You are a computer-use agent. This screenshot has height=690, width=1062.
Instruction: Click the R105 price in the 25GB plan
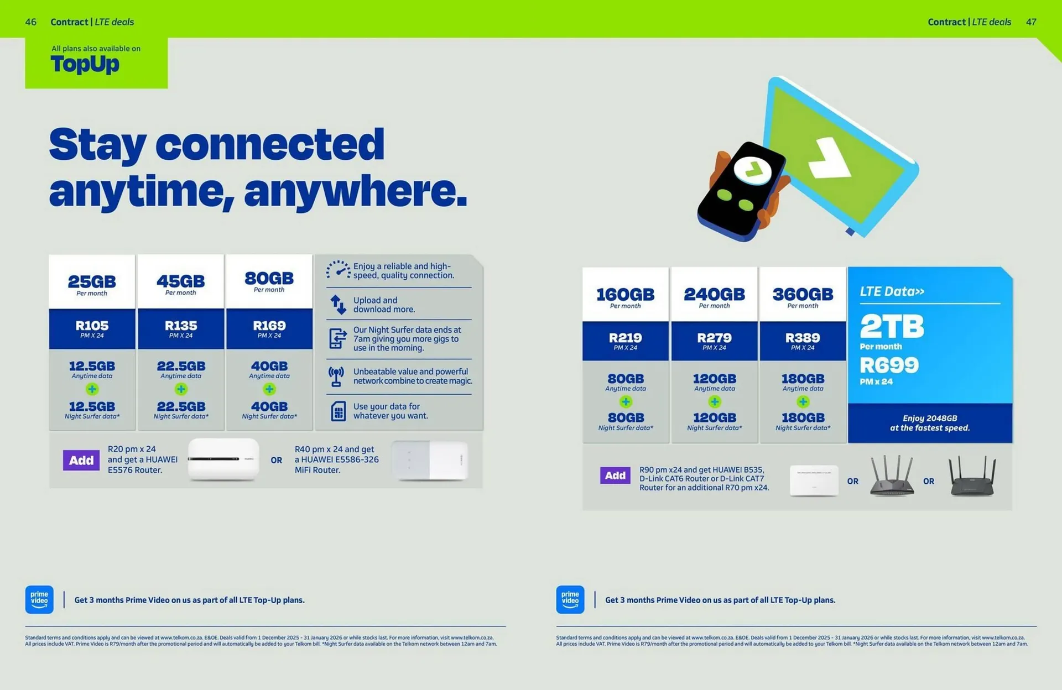tap(92, 326)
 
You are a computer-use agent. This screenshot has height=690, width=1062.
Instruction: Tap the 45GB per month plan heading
tap(180, 281)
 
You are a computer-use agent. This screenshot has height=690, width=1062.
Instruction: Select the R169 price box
tap(269, 328)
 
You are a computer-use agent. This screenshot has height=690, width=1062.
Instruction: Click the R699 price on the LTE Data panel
tap(889, 365)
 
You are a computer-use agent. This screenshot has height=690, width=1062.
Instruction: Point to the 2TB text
tap(892, 326)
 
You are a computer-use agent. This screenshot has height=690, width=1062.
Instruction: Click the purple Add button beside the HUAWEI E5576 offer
tap(81, 460)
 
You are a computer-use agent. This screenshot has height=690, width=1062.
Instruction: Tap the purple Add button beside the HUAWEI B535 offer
tap(615, 475)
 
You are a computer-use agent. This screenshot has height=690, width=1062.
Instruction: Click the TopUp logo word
tap(85, 64)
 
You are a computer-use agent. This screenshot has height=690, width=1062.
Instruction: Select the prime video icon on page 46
tap(39, 599)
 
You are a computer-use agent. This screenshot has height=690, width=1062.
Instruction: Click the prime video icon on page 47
tap(570, 599)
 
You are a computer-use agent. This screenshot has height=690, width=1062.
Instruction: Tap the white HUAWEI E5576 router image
tap(223, 459)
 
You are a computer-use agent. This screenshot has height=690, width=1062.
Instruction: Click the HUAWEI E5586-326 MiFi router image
tap(430, 460)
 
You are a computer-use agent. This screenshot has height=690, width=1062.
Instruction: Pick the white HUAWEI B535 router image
tap(814, 480)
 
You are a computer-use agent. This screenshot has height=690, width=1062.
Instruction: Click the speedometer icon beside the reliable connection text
tap(337, 270)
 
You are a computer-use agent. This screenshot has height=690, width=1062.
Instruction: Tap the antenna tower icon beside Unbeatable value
tap(336, 377)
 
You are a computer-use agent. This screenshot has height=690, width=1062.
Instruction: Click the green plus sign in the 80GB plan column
tap(269, 389)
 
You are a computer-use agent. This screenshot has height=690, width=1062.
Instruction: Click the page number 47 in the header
tap(1031, 22)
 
